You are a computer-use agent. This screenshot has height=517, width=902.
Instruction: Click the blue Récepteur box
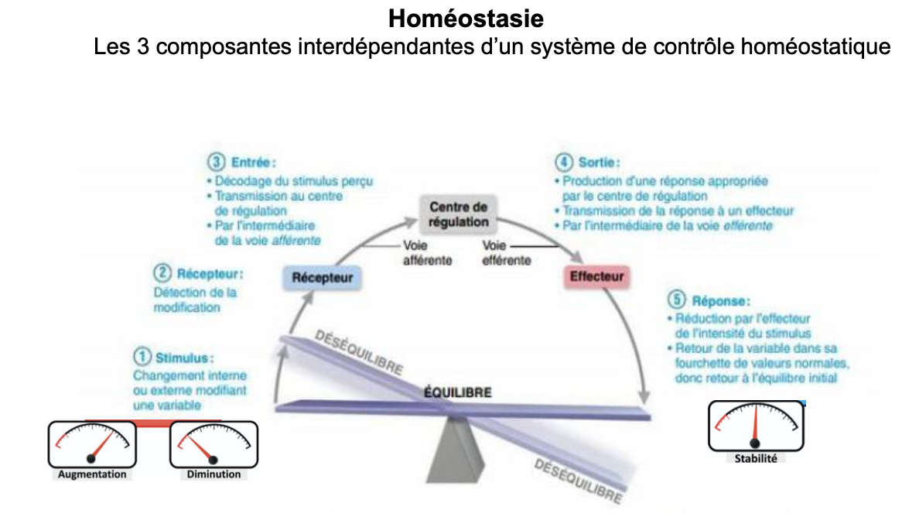[x=323, y=277]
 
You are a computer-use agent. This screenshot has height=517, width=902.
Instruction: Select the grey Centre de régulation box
[x=459, y=214]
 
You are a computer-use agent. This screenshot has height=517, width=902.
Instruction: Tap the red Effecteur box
[x=596, y=276]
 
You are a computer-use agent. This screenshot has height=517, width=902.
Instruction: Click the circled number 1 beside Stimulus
[x=142, y=358]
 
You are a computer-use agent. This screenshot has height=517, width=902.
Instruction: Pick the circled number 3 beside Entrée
[x=216, y=163]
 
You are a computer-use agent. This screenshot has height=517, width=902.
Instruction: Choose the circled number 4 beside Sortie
[x=564, y=163]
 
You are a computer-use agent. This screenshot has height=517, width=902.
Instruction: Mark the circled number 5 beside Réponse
[x=677, y=300]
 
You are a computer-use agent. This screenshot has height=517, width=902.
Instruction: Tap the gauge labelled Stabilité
[x=756, y=426]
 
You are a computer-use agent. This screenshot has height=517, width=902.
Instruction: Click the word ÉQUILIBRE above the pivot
[x=457, y=392]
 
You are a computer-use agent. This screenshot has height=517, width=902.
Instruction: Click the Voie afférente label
[x=427, y=253]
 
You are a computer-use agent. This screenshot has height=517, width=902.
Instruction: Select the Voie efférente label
[x=506, y=253]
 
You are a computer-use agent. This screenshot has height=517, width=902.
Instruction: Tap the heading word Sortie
[x=598, y=163]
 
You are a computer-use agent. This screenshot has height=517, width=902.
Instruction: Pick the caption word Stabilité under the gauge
[x=756, y=458]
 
